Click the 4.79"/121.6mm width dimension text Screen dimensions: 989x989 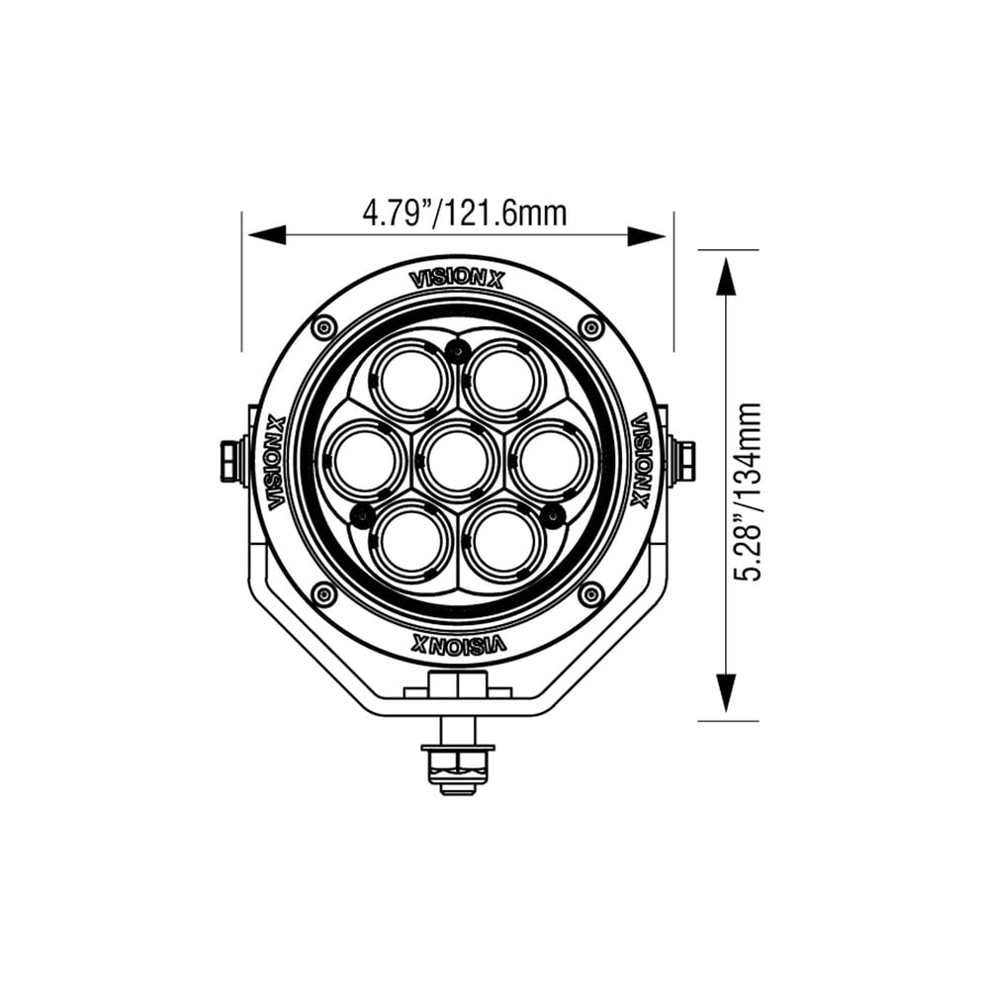[465, 213]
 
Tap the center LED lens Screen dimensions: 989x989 [457, 460]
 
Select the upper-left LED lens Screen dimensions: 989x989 [410, 381]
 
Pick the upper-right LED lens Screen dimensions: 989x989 [503, 381]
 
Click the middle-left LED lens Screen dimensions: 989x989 [364, 461]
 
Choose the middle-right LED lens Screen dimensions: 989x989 [550, 461]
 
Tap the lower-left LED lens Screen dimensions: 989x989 [410, 541]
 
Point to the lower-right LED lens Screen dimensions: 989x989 [503, 541]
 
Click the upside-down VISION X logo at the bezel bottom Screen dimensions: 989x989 [457, 645]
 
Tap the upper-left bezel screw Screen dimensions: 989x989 [323, 327]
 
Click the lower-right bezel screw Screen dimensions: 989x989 [590, 594]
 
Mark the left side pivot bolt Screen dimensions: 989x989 [231, 462]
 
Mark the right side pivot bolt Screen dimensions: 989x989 [682, 462]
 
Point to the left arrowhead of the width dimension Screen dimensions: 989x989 [265, 235]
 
